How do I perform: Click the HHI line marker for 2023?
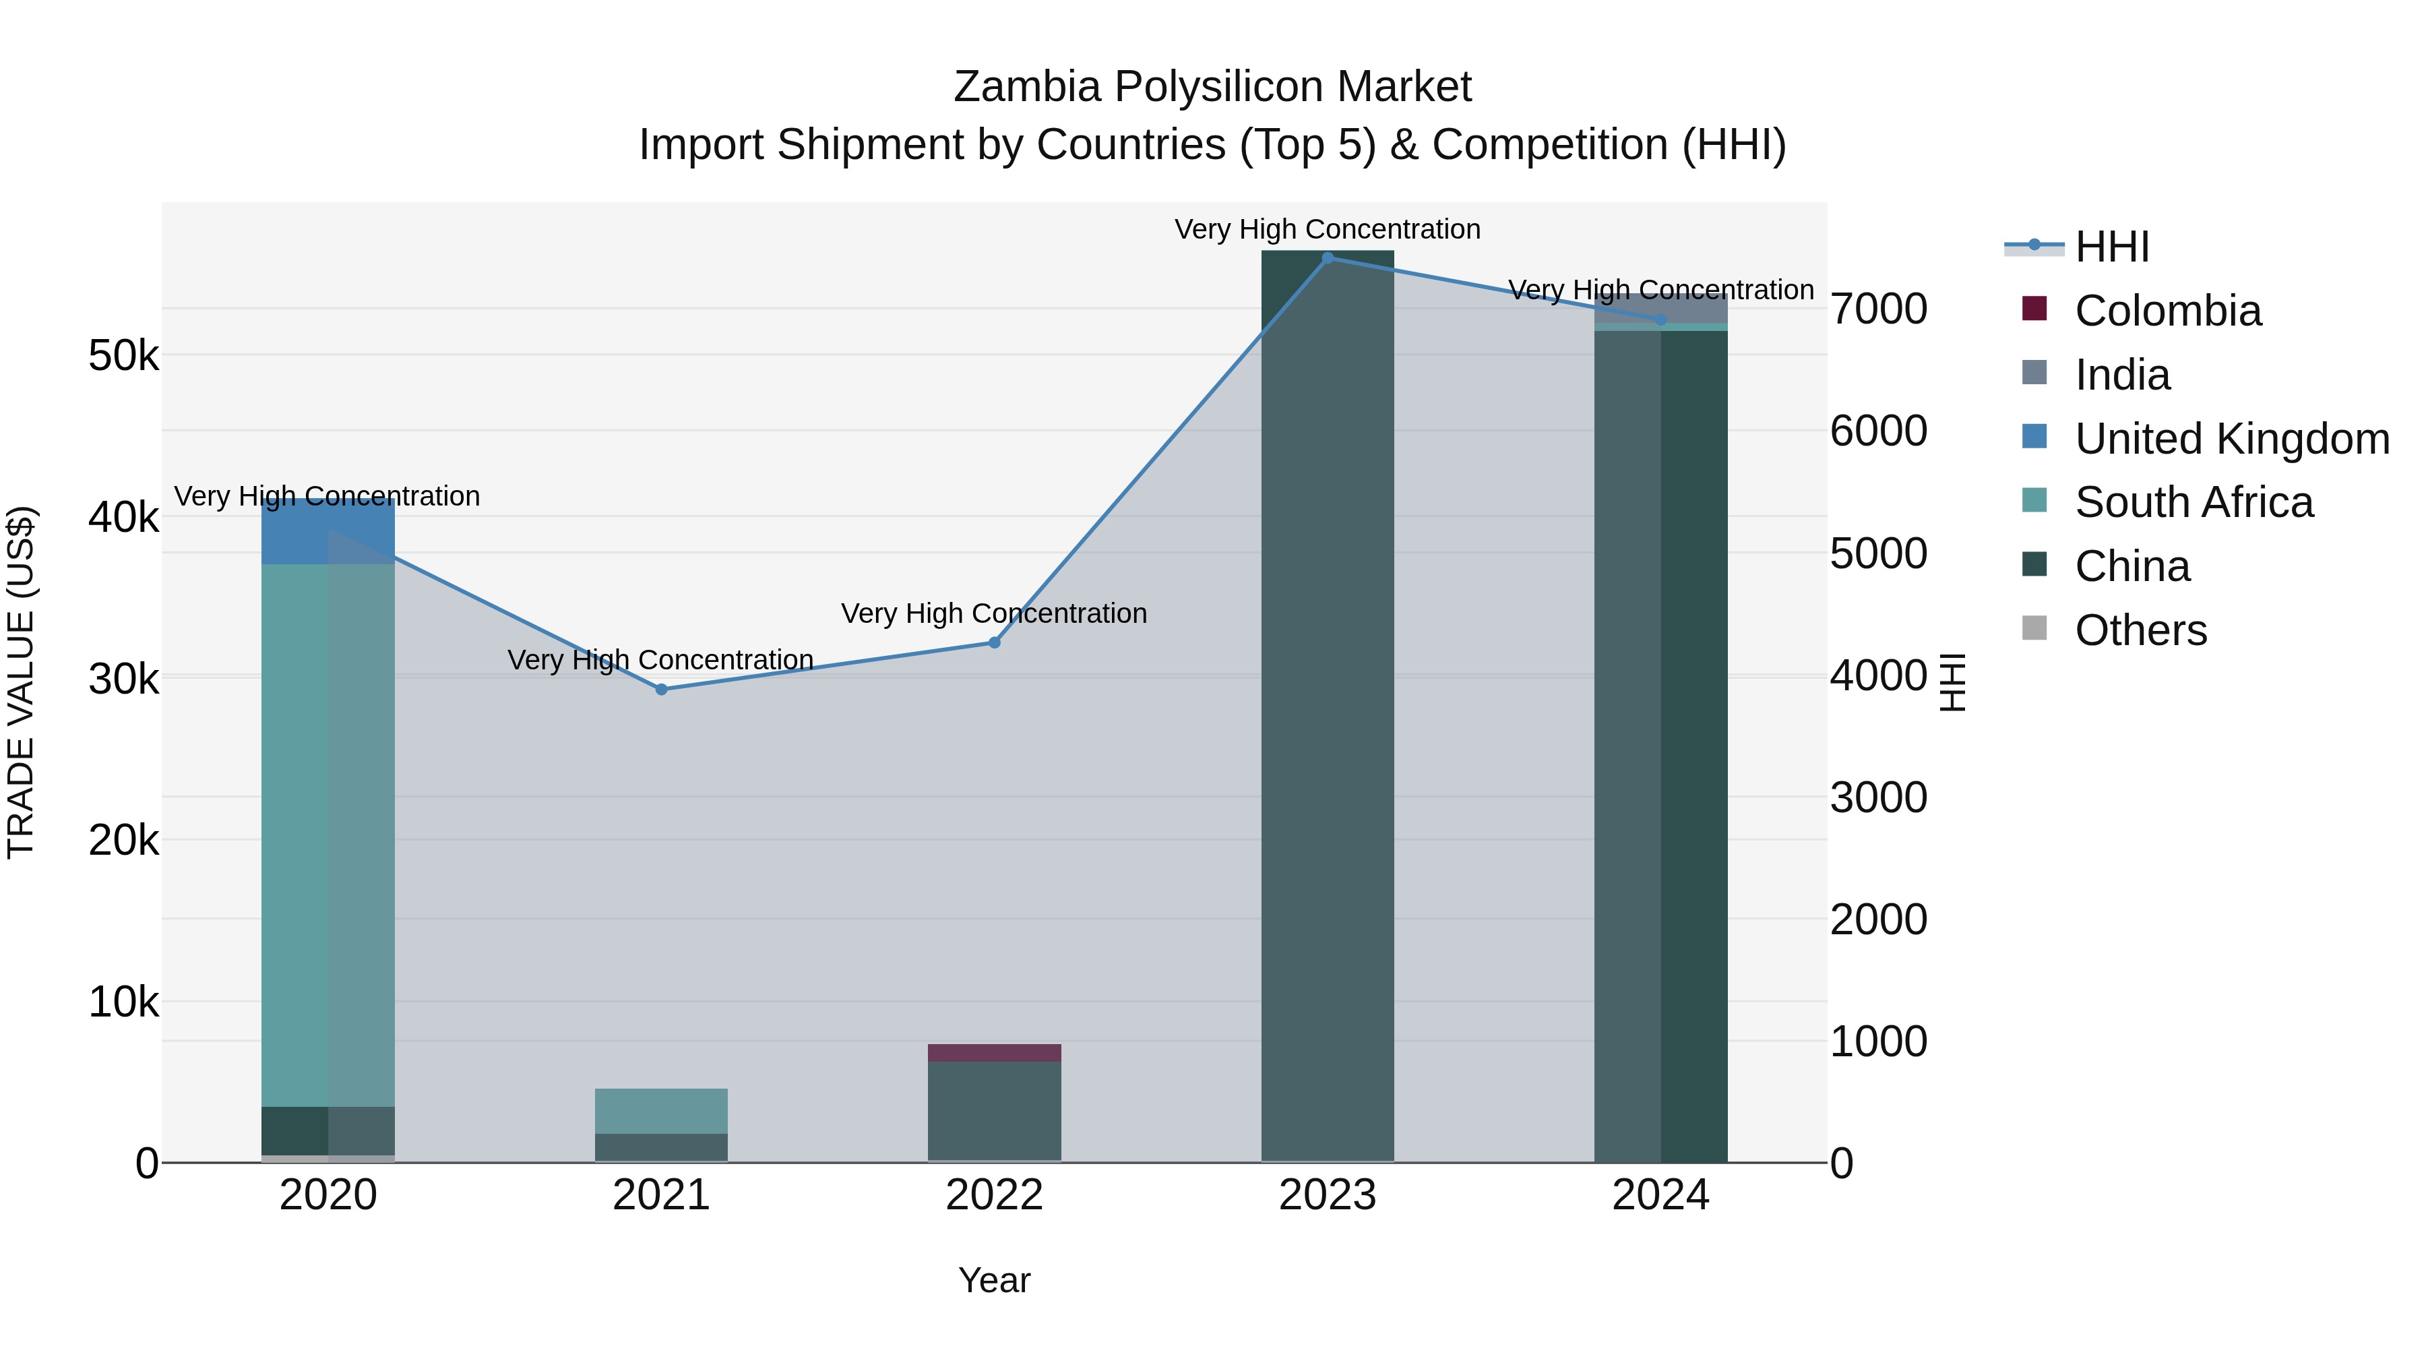[1327, 257]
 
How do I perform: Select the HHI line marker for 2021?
[661, 690]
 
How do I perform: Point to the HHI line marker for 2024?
[1660, 320]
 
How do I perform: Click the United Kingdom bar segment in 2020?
[328, 533]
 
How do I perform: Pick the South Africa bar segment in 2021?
[661, 1111]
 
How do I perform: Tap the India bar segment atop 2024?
[1660, 308]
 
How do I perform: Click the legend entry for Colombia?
[2166, 311]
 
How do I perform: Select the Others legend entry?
[2140, 630]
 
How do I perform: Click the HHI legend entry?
[2111, 247]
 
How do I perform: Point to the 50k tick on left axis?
[123, 356]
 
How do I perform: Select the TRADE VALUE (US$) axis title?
[21, 682]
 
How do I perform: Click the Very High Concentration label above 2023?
[1327, 229]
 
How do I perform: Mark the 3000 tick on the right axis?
[1878, 798]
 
